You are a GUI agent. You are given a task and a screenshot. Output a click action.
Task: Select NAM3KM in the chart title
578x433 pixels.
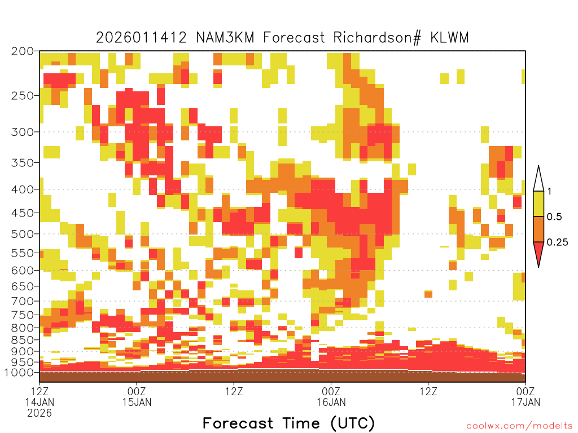(225, 38)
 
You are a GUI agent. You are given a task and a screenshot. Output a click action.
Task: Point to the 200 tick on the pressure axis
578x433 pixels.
(23, 51)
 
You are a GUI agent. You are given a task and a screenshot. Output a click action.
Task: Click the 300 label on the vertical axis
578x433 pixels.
(23, 132)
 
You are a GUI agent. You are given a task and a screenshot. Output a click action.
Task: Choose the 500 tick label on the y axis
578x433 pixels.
(23, 234)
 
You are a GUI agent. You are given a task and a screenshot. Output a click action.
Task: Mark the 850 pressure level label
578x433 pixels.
(23, 340)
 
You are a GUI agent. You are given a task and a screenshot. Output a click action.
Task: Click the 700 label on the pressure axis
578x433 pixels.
(23, 301)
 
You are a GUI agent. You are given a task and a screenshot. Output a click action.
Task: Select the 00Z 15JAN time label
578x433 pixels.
(137, 396)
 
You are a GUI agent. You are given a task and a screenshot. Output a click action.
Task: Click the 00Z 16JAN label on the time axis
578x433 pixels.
(331, 396)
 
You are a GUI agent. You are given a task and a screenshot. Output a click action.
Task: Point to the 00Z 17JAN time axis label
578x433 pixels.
(526, 396)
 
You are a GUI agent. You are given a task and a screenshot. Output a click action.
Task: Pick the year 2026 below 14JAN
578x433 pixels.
(40, 413)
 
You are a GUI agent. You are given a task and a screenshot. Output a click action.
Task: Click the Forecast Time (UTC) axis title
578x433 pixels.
(288, 423)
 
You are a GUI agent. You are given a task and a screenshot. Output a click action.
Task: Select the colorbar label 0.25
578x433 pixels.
(557, 242)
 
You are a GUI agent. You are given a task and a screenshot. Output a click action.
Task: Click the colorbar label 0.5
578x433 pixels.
(554, 216)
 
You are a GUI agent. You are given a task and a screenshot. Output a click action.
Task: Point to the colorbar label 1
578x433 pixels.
(549, 191)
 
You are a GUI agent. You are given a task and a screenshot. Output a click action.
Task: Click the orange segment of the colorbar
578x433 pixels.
(538, 229)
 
